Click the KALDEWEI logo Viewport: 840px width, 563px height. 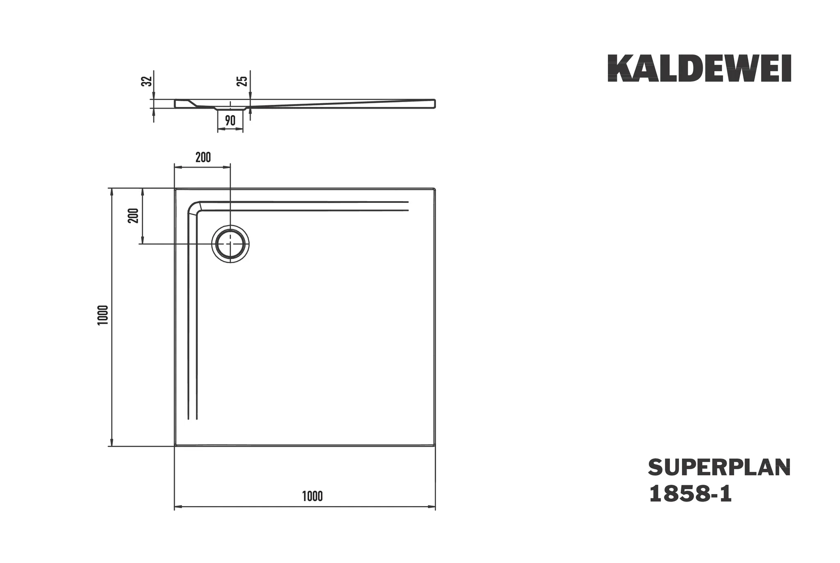tap(699, 68)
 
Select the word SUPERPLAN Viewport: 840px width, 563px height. tap(719, 468)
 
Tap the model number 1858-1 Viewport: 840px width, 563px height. tap(690, 494)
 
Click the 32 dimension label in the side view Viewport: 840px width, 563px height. tap(146, 81)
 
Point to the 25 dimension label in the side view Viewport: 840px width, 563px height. tap(243, 81)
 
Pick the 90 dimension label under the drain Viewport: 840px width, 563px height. tap(230, 120)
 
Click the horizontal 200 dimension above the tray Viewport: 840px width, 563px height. tap(203, 157)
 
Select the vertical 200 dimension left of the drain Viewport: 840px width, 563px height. tap(133, 216)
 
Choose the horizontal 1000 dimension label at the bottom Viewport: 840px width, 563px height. tap(312, 496)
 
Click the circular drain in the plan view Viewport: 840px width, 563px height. tap(230, 244)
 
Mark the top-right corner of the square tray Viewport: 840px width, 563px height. tap(434, 189)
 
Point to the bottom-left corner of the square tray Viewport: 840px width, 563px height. tap(176, 445)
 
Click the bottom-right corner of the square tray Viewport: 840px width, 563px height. tap(434, 445)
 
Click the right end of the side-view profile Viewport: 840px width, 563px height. tap(434, 104)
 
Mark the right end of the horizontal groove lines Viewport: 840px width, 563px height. tap(408, 206)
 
